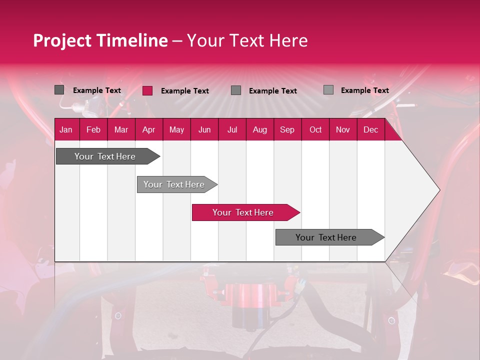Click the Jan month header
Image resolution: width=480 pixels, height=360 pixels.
click(x=66, y=129)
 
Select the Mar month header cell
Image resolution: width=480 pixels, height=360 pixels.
click(x=121, y=129)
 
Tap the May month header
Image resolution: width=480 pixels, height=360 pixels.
click(x=176, y=129)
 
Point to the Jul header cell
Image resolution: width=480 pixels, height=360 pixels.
click(x=232, y=129)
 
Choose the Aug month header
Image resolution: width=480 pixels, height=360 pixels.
click(x=259, y=129)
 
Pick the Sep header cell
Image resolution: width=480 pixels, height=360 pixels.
click(x=287, y=129)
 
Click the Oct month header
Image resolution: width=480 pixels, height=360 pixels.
click(x=315, y=129)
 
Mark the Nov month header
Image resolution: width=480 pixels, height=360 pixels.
click(x=343, y=129)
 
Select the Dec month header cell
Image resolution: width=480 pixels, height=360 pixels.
click(x=370, y=129)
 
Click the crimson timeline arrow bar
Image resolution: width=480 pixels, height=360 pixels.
click(x=245, y=212)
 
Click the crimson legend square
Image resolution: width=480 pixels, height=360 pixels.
click(x=147, y=90)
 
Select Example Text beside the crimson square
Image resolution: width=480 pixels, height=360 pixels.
click(x=184, y=91)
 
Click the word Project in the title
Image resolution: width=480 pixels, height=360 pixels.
click(x=62, y=40)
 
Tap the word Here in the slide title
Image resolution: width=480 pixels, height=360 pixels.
click(x=288, y=40)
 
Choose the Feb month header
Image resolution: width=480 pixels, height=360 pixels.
click(x=93, y=129)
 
